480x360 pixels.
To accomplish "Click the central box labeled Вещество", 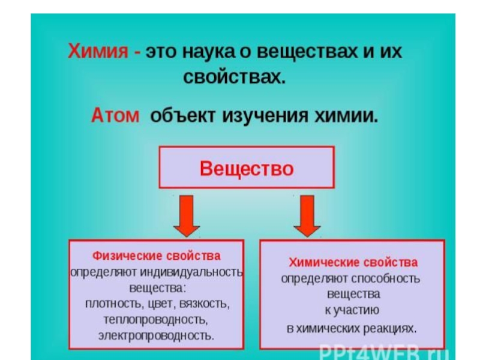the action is [246, 167].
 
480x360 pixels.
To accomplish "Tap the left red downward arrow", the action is [187, 214].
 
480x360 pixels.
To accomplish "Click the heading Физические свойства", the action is [156, 256].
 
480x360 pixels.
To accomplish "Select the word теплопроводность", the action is [155, 319].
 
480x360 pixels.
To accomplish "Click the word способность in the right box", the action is [385, 279].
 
